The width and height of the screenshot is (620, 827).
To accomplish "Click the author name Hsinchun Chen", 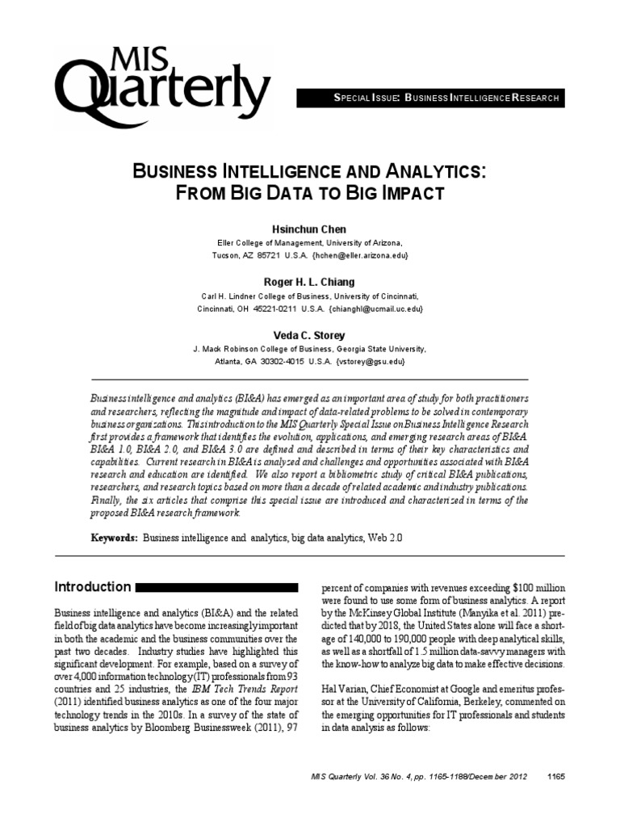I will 309,230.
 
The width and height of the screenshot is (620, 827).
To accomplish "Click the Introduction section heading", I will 92,587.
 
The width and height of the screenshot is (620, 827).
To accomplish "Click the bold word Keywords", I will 113,537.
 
